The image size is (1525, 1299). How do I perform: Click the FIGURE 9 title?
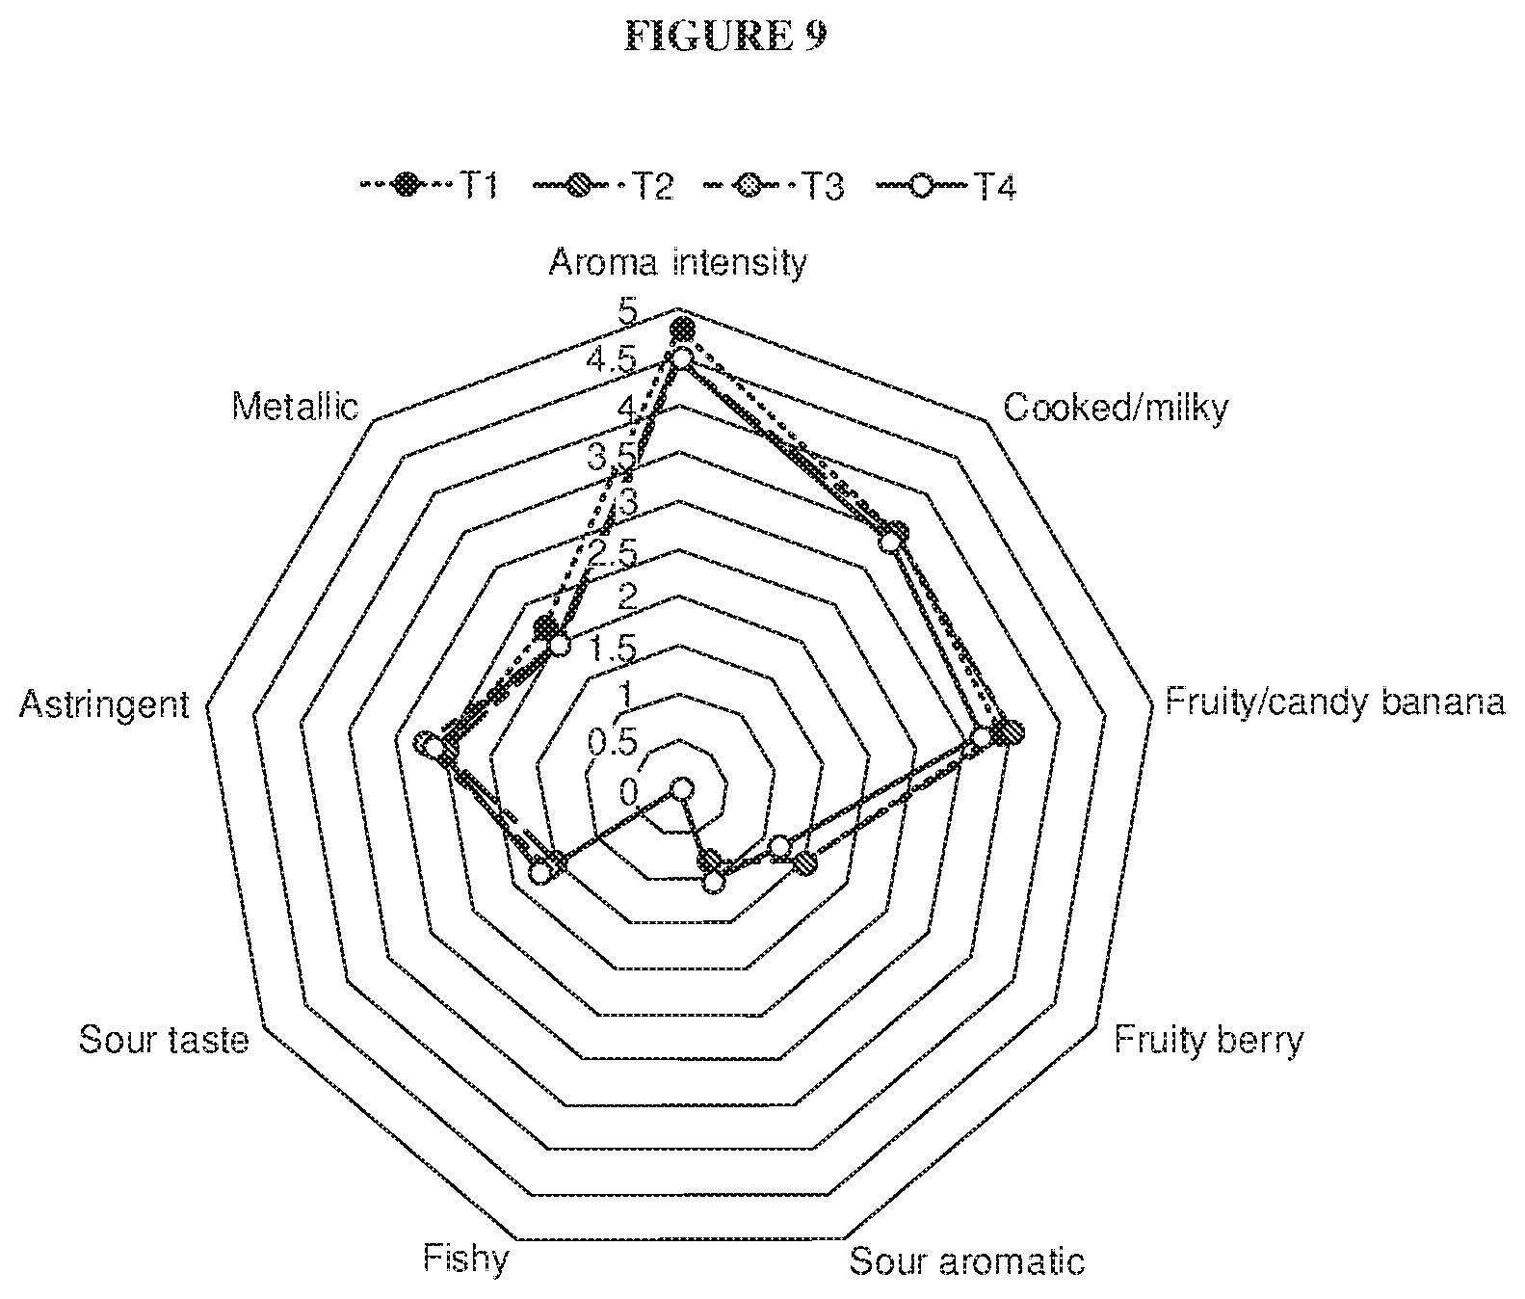coord(725,36)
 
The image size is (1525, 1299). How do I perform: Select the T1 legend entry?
coord(429,185)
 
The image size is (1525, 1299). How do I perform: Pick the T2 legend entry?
coord(603,185)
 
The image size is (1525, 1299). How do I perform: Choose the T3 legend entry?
coord(776,185)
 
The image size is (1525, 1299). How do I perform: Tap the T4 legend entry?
coord(946,185)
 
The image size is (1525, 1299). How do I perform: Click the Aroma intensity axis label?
coord(677,262)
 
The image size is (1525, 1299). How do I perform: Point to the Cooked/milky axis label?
coord(1116,408)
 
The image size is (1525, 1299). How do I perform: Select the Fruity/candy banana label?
coord(1334,702)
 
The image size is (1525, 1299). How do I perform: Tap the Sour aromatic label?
coord(966,1261)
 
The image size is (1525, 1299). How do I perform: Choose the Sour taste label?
coord(164,1040)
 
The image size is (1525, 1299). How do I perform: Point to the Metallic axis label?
coord(295,407)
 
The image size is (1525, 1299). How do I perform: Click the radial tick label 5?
coord(628,311)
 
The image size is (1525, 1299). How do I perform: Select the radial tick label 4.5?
coord(614,360)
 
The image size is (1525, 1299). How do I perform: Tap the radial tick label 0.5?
coord(614,742)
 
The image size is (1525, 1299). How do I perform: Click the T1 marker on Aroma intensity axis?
coord(682,329)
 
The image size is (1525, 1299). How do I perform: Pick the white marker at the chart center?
coord(682,789)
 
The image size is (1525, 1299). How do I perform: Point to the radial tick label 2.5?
coord(614,552)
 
